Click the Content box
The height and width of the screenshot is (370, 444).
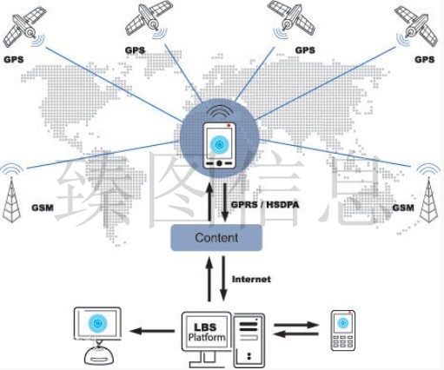tap(216, 238)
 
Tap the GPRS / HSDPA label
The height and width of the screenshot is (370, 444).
tap(265, 205)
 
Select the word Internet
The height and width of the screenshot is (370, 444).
tap(251, 279)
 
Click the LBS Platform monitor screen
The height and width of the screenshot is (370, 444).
tap(206, 332)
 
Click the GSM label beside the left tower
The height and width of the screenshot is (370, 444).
tap(43, 208)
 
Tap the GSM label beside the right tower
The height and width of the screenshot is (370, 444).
tap(403, 208)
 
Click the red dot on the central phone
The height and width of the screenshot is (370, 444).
tap(229, 125)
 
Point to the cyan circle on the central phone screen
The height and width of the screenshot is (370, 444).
tap(220, 144)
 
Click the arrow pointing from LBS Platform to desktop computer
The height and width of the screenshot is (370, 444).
tap(152, 331)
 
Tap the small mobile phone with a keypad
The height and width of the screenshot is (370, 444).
tap(343, 331)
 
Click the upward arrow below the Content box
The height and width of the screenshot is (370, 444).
tap(209, 280)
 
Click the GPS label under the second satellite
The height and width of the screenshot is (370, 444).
tap(135, 50)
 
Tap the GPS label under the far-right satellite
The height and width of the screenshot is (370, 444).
tap(425, 59)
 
